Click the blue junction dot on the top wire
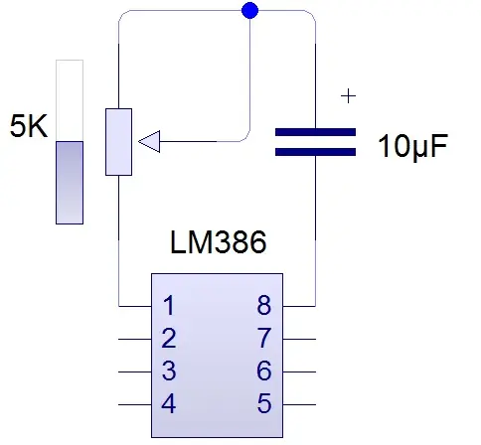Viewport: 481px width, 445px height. pos(250,10)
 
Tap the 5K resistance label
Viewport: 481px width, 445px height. pos(29,126)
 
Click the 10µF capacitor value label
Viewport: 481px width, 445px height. pos(413,146)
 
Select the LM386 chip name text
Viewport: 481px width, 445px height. pos(218,242)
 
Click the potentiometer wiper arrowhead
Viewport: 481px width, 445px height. pos(149,141)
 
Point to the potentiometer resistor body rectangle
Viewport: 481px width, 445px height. pos(118,142)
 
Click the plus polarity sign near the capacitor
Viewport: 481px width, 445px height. pos(348,96)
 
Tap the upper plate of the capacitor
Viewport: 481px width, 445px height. pos(315,132)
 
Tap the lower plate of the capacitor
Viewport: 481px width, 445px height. pos(315,152)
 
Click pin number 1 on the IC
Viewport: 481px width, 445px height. pos(169,305)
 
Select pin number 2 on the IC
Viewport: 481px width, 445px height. pos(169,338)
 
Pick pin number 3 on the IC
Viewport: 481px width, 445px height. pos(169,371)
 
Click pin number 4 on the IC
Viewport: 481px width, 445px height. pos(169,403)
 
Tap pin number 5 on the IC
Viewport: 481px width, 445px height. pos(264,403)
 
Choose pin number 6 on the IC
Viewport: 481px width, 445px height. pos(264,371)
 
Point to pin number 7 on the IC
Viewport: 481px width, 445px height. pos(264,338)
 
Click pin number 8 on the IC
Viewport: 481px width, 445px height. pos(264,305)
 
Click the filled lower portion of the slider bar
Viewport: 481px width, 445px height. pos(70,183)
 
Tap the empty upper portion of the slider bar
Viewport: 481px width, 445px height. pos(70,100)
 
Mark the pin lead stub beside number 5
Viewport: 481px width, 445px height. pos(299,404)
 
